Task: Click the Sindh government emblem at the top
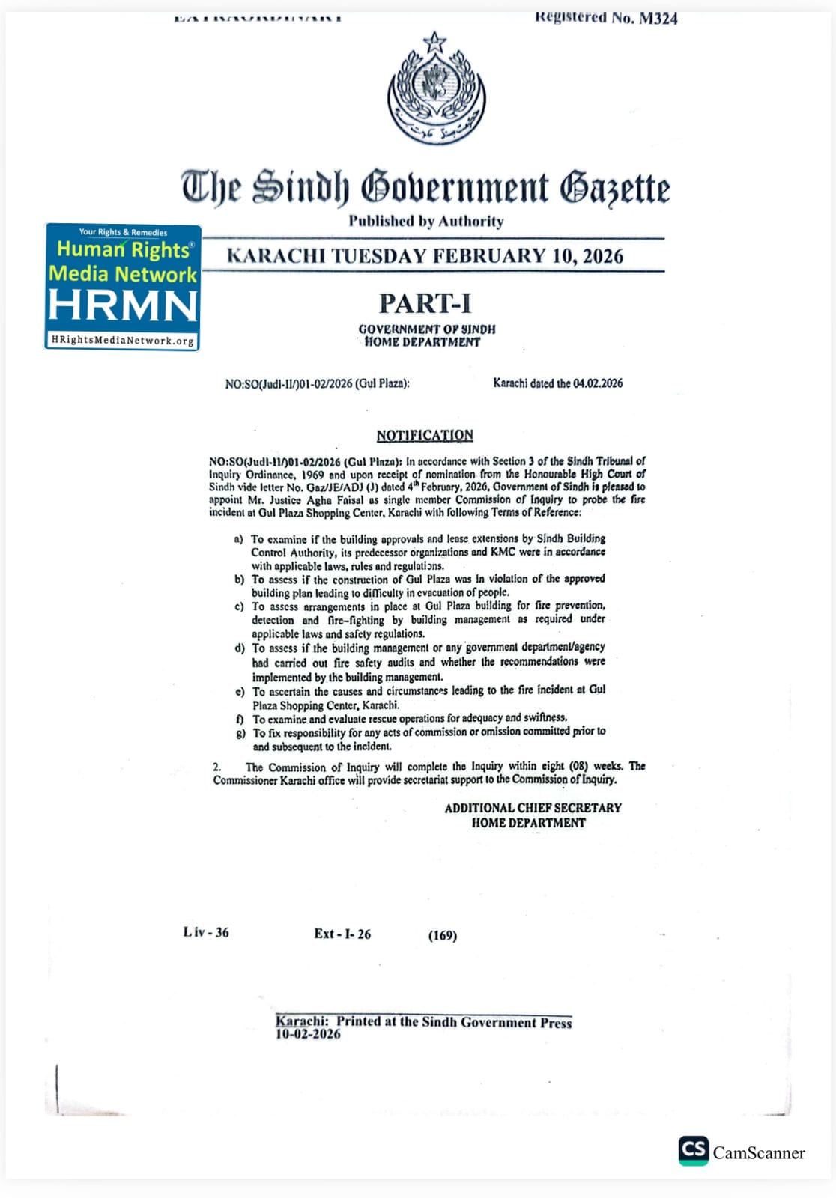[x=436, y=90]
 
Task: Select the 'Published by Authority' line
[x=425, y=221]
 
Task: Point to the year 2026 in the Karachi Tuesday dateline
[x=602, y=256]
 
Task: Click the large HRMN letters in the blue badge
[x=123, y=305]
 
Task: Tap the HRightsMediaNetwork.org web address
[x=123, y=341]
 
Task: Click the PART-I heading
[x=425, y=303]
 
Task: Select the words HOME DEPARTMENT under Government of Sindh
[x=422, y=342]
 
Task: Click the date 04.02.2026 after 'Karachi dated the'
[x=598, y=383]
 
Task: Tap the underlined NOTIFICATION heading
[x=425, y=435]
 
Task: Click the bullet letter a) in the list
[x=239, y=539]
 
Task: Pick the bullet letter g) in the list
[x=240, y=733]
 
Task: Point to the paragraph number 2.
[x=216, y=767]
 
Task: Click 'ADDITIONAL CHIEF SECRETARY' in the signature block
[x=533, y=808]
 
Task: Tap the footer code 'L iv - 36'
[x=206, y=932]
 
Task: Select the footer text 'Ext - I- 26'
[x=342, y=934]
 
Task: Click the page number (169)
[x=443, y=935]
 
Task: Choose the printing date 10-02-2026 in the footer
[x=308, y=1034]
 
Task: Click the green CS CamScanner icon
[x=693, y=1150]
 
